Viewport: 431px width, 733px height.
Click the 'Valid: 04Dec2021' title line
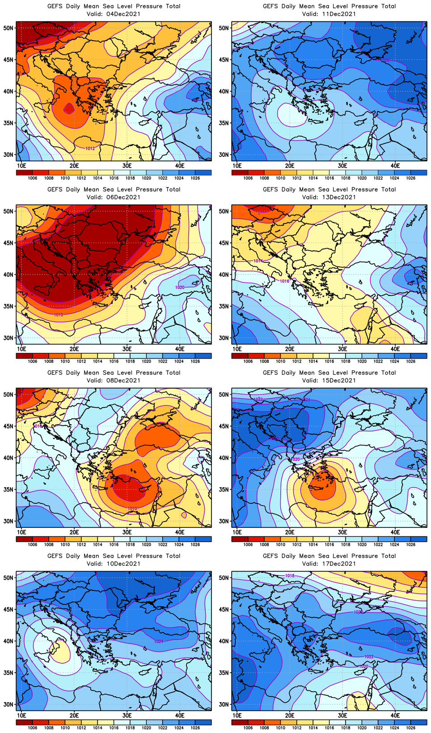point(114,14)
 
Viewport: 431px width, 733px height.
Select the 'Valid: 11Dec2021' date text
point(329,14)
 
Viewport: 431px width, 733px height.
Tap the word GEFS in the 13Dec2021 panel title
point(271,190)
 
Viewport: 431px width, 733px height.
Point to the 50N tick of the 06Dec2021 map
point(8,211)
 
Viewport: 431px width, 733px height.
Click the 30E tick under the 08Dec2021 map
point(127,532)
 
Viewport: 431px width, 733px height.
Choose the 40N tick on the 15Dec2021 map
point(224,458)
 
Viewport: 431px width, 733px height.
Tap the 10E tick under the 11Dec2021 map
point(237,165)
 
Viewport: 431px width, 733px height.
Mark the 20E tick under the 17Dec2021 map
point(290,715)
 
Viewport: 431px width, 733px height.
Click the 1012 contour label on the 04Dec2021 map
point(90,148)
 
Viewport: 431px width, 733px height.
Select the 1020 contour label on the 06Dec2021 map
point(180,287)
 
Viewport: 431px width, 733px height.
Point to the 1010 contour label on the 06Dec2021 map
point(59,315)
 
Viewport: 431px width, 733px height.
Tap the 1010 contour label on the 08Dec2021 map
point(132,509)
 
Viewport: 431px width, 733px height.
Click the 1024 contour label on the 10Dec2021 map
point(159,641)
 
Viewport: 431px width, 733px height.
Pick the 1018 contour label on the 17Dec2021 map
point(290,576)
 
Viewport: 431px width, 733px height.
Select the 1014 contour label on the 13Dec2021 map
point(258,261)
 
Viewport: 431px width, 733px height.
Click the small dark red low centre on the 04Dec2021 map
point(68,108)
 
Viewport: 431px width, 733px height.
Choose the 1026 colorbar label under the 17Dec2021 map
point(410,728)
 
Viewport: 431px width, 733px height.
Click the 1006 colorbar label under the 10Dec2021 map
point(33,728)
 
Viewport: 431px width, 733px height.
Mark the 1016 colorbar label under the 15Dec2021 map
point(329,545)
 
